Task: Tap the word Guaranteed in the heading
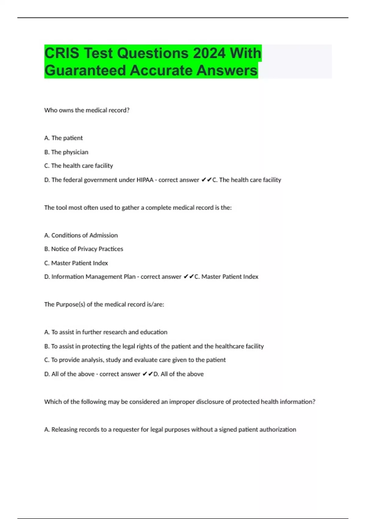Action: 85,71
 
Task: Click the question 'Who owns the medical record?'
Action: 87,110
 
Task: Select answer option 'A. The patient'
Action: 63,138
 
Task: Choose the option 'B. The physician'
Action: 66,152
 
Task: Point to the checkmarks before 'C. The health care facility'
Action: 206,180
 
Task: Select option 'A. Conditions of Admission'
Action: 81,235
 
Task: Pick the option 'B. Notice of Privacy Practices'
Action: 84,249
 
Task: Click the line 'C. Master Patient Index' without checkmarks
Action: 76,263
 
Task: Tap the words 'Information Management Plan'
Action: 93,277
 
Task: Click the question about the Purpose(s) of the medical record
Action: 104,304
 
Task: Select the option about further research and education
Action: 106,332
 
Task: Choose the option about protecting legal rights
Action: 154,346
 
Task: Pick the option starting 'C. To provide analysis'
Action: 135,360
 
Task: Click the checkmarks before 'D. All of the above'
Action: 148,374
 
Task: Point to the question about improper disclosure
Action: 180,402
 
